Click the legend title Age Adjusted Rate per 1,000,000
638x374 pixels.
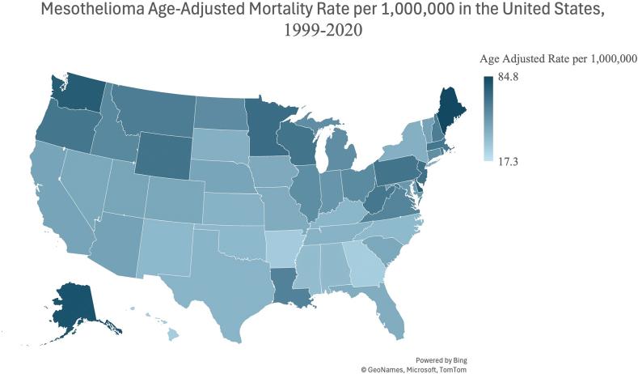click(558, 59)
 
